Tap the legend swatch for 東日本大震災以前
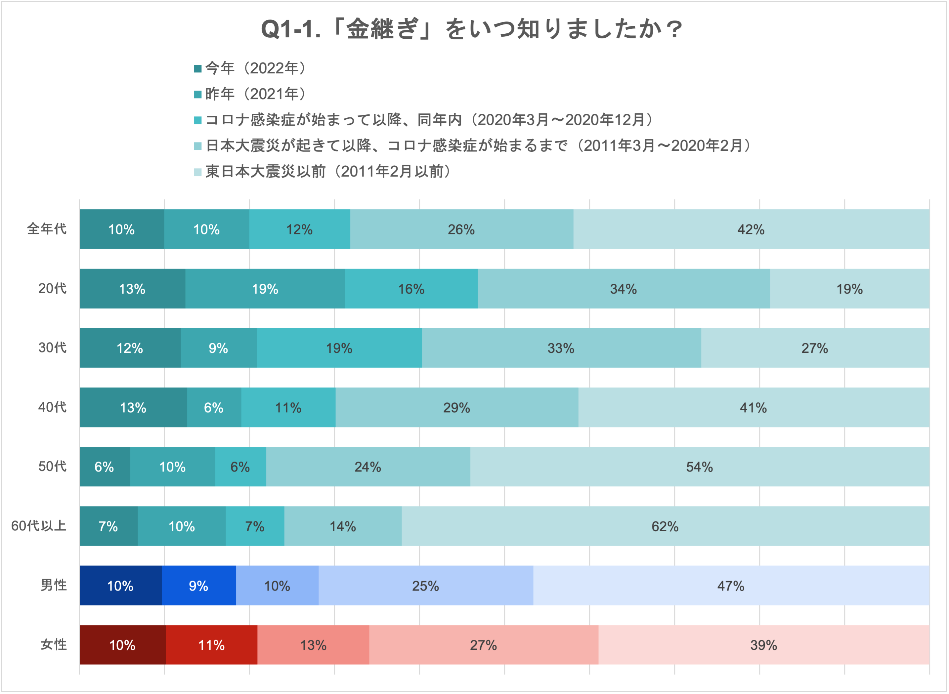[197, 172]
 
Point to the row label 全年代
[47, 229]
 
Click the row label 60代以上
[39, 526]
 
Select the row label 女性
[53, 645]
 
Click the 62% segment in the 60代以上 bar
[665, 526]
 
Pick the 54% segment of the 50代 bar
[699, 467]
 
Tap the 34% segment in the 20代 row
[623, 289]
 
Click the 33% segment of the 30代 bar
[561, 348]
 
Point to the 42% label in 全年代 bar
[751, 230]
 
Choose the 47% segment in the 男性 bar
[731, 586]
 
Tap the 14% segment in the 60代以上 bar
[343, 526]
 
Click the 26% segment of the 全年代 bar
[461, 230]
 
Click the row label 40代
[53, 407]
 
